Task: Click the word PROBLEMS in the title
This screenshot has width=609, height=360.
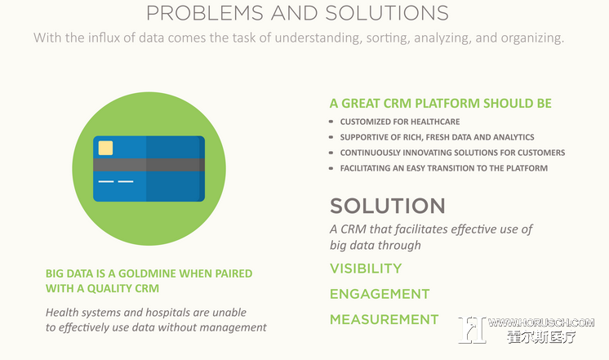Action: (205, 13)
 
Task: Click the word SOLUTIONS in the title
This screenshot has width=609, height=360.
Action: (387, 13)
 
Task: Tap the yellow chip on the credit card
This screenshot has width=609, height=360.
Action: (105, 148)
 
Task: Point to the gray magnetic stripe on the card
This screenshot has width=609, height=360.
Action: (149, 165)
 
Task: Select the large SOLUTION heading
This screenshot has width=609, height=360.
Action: (388, 206)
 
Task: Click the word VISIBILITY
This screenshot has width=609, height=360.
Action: (366, 269)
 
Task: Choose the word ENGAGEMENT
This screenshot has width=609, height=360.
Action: (380, 294)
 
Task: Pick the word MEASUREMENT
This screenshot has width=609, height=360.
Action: (385, 319)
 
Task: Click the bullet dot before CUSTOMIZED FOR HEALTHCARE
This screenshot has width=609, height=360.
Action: (331, 122)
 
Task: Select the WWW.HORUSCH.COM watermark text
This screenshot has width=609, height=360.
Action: (541, 322)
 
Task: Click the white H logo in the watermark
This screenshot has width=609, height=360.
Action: (472, 330)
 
